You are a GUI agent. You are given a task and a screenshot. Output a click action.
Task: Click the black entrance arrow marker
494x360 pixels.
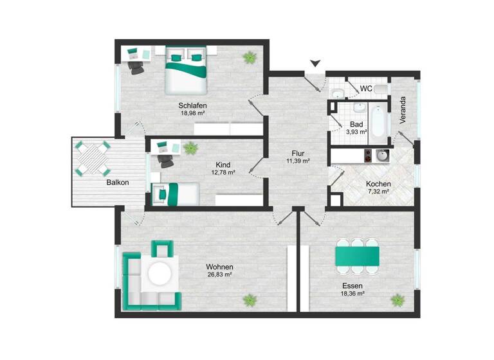[315, 63]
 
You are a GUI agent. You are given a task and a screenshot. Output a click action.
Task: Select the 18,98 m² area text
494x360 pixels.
[192, 113]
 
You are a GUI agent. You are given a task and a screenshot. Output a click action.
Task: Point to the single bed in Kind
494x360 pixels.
[175, 192]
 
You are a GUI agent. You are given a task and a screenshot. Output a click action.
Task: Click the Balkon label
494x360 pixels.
[118, 183]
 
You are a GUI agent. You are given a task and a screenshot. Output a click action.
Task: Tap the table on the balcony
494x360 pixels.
[93, 159]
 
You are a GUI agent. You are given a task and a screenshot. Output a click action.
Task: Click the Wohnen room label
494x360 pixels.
[219, 267]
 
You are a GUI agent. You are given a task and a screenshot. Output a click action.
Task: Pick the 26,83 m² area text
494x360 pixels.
[219, 274]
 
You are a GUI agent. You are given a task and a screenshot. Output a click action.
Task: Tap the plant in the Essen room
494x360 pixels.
[398, 300]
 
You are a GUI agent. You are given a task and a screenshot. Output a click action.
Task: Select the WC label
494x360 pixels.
[365, 88]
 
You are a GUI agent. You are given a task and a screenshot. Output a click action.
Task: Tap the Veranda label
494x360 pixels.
[403, 110]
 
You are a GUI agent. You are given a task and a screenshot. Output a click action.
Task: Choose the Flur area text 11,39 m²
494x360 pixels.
[298, 161]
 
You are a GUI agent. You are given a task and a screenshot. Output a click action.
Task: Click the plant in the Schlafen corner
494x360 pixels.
[248, 58]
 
